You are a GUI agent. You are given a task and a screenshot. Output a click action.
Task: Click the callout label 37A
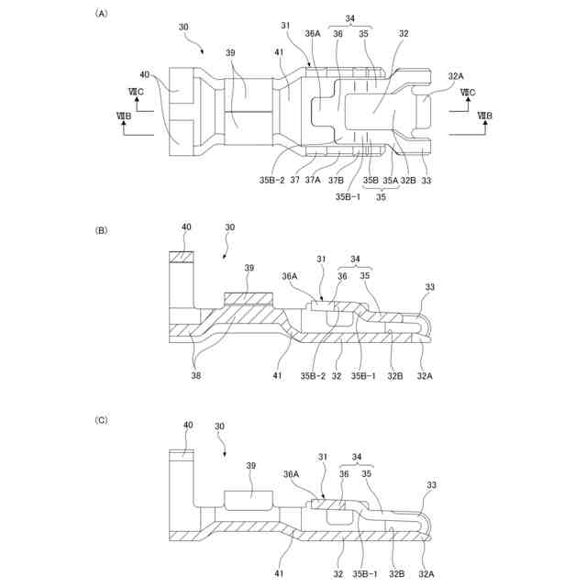click(313, 181)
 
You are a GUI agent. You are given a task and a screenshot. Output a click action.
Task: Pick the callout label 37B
click(337, 181)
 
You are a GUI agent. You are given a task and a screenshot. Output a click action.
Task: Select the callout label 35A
click(390, 181)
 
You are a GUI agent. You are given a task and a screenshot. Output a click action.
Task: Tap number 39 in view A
click(232, 54)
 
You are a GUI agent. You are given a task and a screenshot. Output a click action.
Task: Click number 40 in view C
click(188, 426)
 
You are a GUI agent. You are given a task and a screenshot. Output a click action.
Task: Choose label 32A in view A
click(456, 77)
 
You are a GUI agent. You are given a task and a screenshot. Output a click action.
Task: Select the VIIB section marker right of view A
click(483, 116)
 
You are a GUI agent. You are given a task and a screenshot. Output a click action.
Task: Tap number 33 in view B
click(430, 287)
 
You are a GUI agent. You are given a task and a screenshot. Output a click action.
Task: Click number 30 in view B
click(229, 227)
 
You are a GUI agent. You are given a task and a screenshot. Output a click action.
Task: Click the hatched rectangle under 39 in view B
click(249, 298)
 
